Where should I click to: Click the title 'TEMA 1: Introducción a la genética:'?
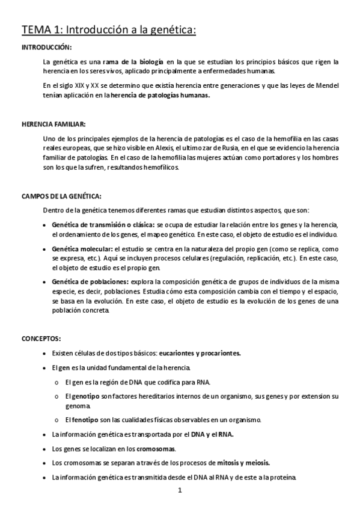(109, 29)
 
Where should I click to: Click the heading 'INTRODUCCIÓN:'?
(46, 47)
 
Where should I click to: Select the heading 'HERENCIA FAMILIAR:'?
(53, 124)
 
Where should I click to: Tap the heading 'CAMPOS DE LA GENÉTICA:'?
(61, 196)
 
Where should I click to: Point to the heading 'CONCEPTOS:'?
(41, 339)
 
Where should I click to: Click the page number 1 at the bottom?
(180, 490)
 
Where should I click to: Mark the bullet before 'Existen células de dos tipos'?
(46, 354)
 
